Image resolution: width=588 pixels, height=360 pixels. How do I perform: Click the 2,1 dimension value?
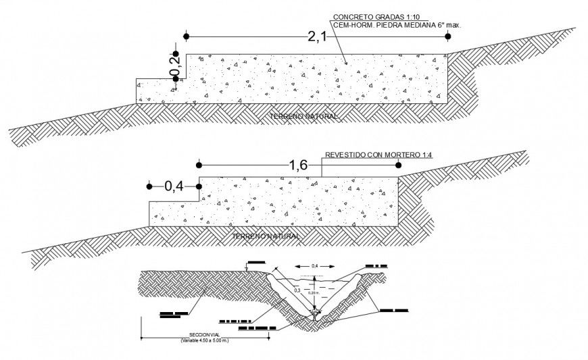pos(316,36)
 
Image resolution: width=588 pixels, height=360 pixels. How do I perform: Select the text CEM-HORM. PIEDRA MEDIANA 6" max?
pos(396,24)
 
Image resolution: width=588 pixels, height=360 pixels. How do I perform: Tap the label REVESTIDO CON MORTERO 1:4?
pos(378,155)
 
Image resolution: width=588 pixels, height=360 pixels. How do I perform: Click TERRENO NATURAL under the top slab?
pos(303,117)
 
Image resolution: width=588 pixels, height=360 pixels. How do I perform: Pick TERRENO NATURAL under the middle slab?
pos(266,236)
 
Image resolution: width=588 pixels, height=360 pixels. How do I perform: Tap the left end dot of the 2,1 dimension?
pos(185,36)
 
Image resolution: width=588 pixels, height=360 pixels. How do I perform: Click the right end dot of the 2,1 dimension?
pos(447,36)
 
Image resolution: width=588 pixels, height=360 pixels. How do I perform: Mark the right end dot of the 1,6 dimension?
pos(398,165)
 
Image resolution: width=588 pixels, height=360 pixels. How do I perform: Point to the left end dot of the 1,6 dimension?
pos(199,165)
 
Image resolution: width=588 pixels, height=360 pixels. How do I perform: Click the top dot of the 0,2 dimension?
pos(175,54)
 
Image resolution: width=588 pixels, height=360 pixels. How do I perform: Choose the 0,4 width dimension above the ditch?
pos(314,267)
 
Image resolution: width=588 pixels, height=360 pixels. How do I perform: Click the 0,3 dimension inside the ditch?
pos(298,290)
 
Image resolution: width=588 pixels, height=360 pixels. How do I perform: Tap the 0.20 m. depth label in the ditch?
pos(312,292)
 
